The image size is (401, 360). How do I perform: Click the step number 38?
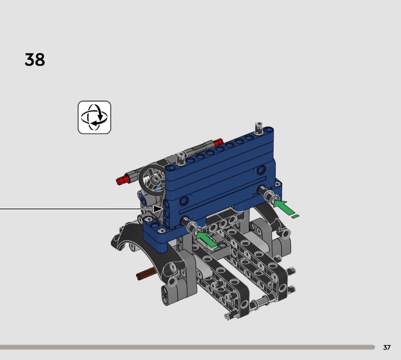35,60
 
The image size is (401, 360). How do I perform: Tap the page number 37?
386,347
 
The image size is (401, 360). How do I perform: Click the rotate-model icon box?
94,117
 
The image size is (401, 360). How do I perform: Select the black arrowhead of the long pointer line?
158,209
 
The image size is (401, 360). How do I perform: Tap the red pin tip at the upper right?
219,141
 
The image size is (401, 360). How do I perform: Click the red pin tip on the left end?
121,180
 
